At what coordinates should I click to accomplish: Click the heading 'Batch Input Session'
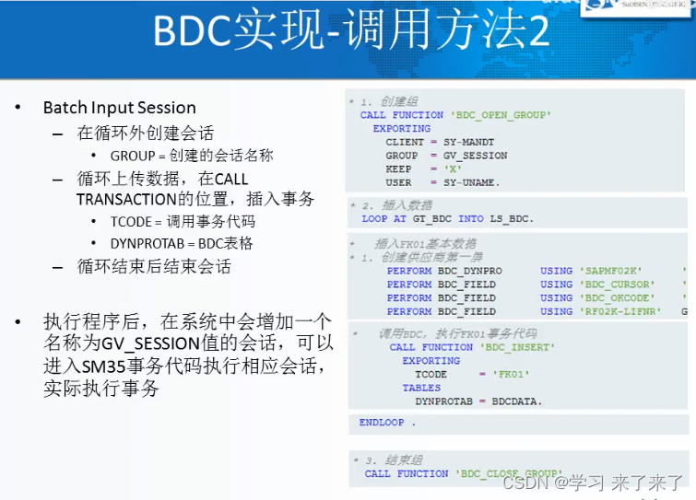coord(119,108)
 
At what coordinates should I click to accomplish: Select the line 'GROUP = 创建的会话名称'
coord(192,156)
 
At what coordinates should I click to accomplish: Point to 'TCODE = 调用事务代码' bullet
coord(183,222)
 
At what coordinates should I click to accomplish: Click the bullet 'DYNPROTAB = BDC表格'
coord(182,244)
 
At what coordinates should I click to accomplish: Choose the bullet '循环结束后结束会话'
coord(153,267)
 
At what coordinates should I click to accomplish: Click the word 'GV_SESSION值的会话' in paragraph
coord(176,345)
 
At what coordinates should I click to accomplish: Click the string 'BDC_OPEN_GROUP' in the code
coord(501,115)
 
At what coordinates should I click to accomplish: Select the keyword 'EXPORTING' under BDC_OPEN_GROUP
coord(402,129)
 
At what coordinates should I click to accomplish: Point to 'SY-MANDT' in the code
coord(468,143)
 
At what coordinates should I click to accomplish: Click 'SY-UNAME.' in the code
coord(471,182)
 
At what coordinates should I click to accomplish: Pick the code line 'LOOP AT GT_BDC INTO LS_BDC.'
coord(448,219)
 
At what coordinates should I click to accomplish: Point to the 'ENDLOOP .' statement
coord(388,423)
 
